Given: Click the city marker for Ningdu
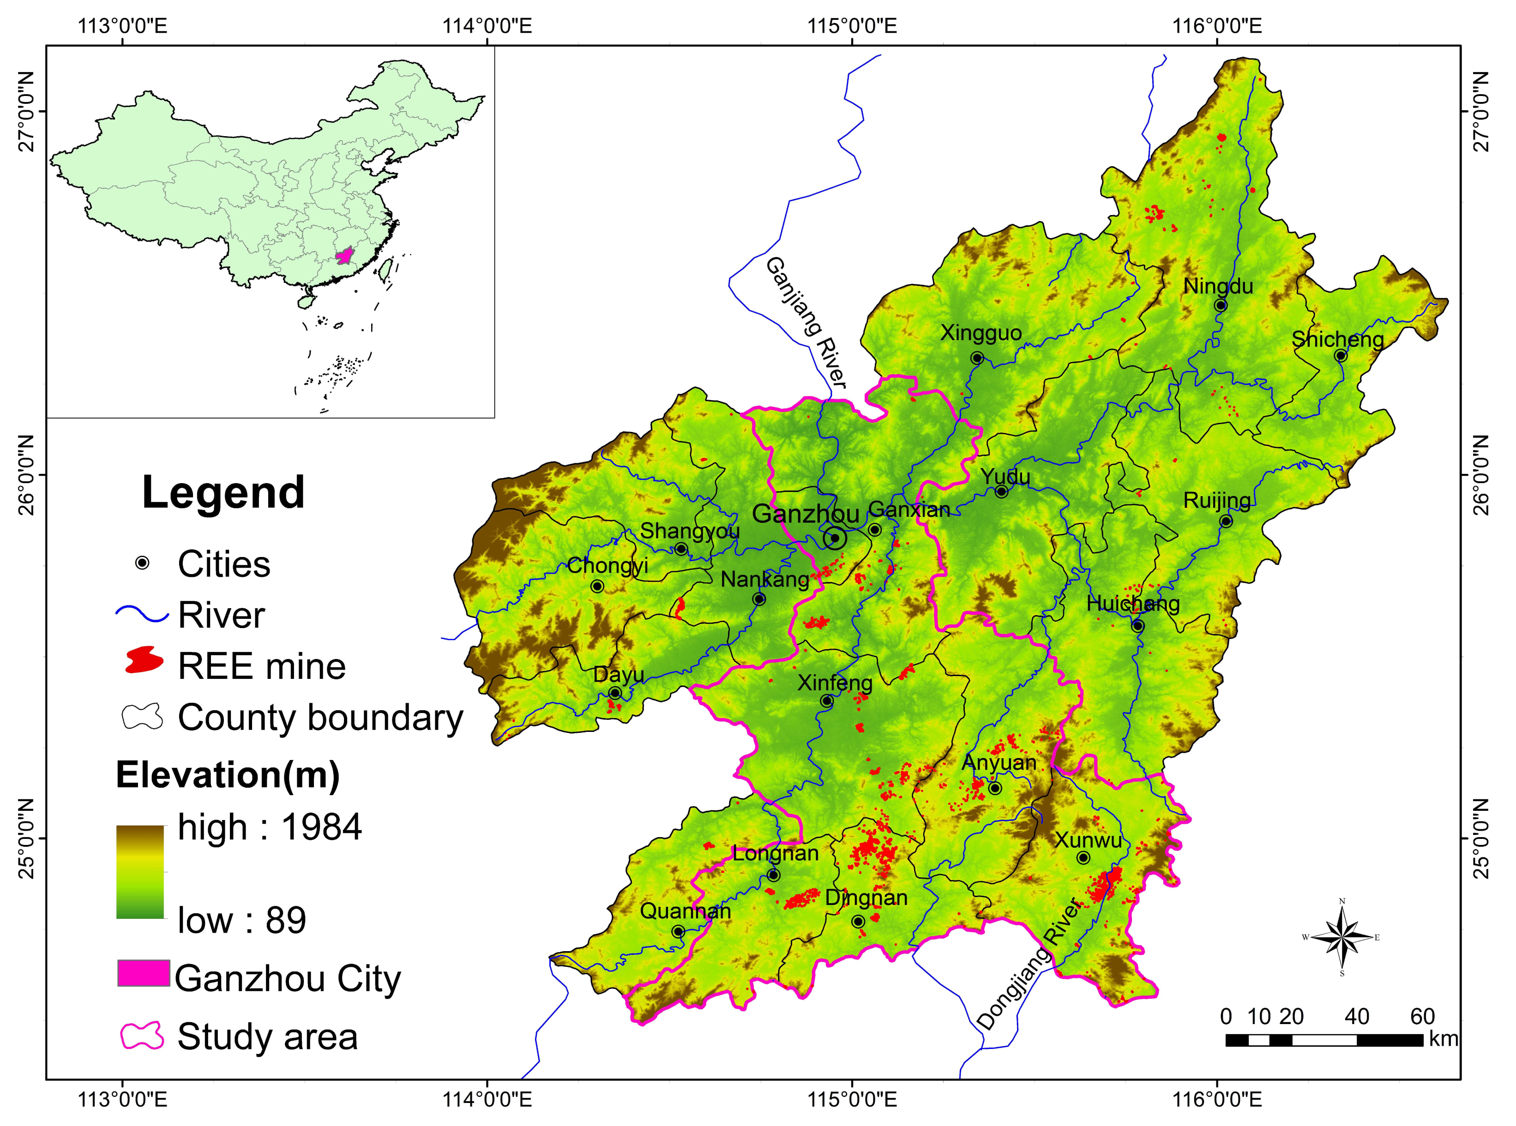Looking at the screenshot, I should tap(1220, 305).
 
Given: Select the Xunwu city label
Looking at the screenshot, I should tap(1088, 840).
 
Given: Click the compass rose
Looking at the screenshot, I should tap(1342, 937).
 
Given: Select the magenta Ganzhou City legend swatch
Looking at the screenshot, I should tap(143, 973).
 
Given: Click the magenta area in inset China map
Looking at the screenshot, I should tap(346, 256).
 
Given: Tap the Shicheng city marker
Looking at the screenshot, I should tap(1340, 355).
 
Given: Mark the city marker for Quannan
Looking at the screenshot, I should tap(678, 931).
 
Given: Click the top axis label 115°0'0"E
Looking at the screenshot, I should tap(852, 26).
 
